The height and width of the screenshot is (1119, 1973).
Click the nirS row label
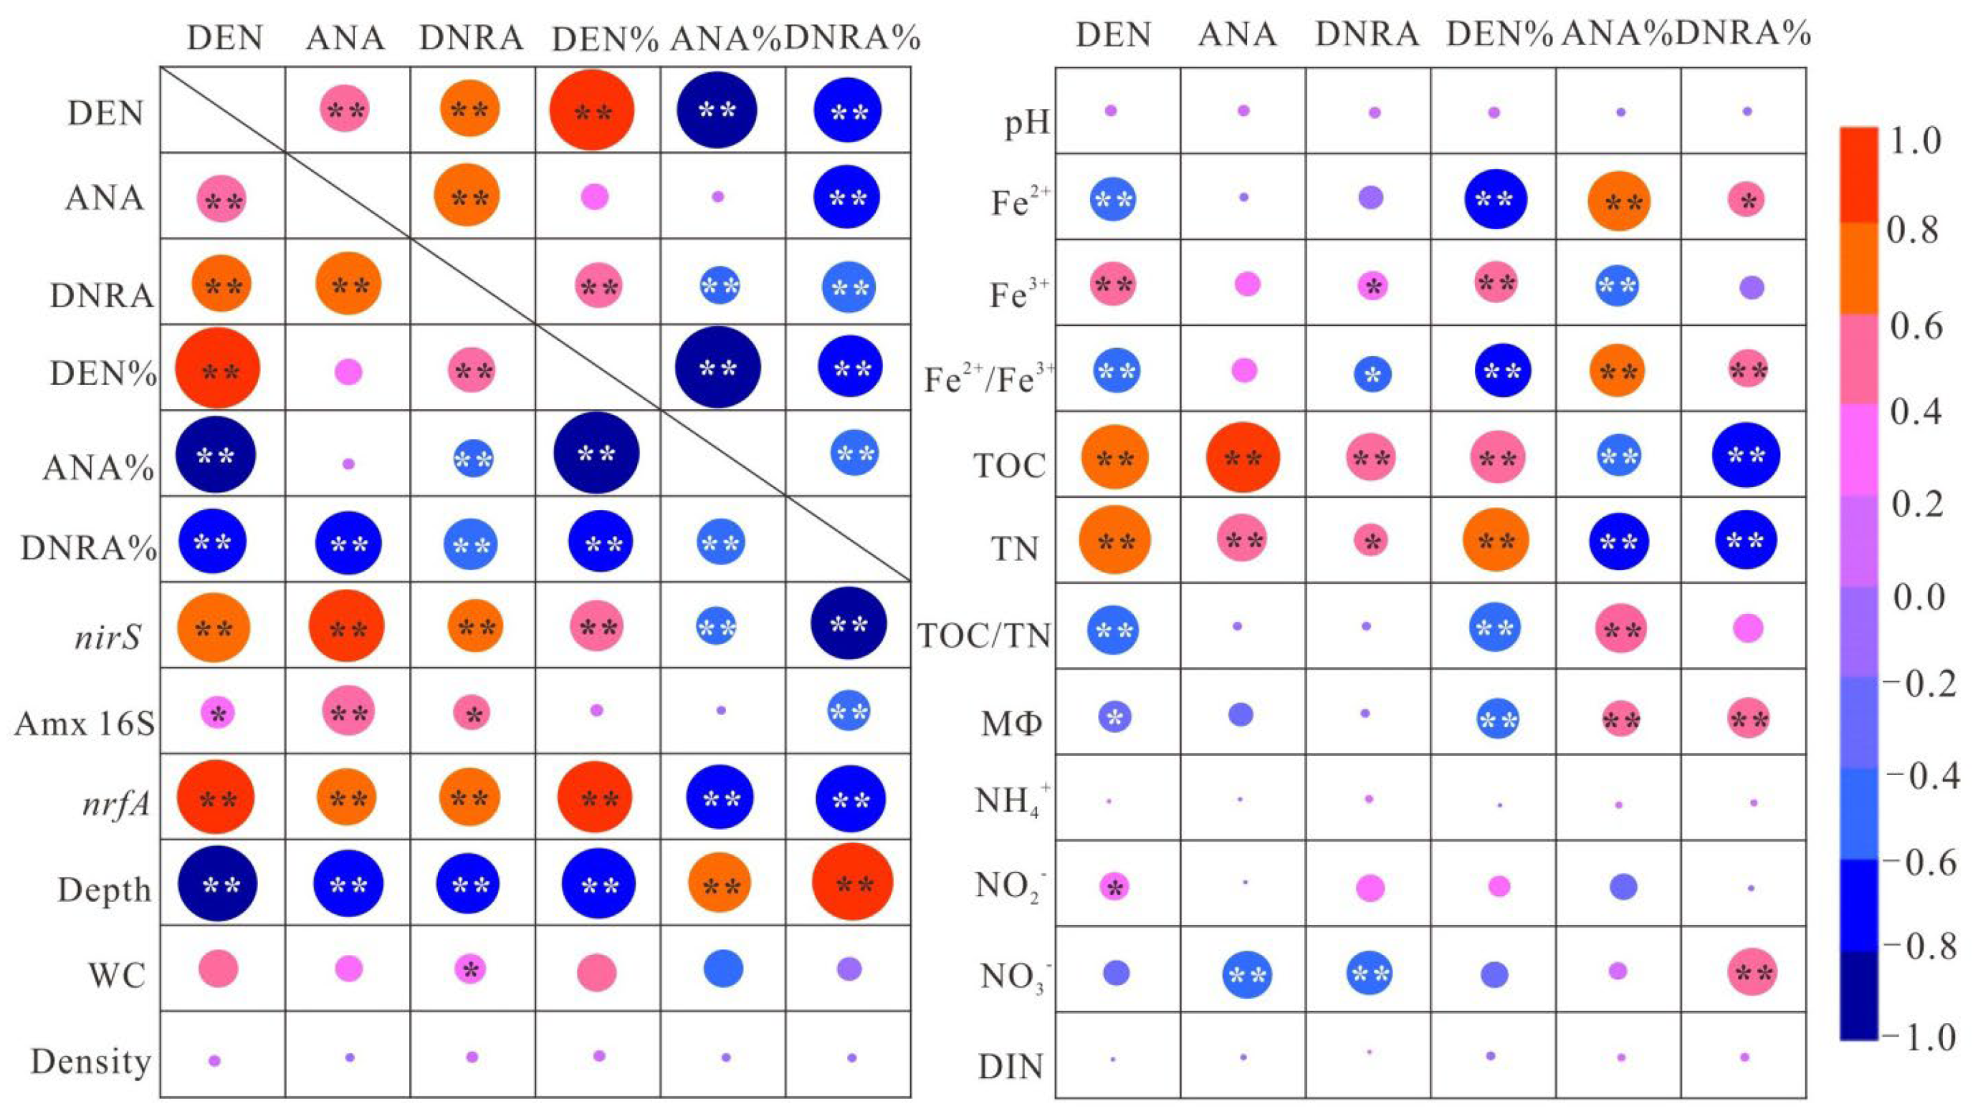108,637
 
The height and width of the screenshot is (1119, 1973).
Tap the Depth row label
105,890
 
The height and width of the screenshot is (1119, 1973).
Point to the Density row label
91,1062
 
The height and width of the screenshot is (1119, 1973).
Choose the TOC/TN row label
984,636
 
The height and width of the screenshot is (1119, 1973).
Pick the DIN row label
1011,1066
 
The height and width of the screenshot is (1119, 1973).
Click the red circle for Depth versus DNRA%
851,882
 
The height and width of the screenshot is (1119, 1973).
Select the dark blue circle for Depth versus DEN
218,884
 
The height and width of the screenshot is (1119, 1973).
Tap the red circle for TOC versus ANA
1243,457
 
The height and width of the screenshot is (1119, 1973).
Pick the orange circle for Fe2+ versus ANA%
1619,201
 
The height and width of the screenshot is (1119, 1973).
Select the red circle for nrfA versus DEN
216,798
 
